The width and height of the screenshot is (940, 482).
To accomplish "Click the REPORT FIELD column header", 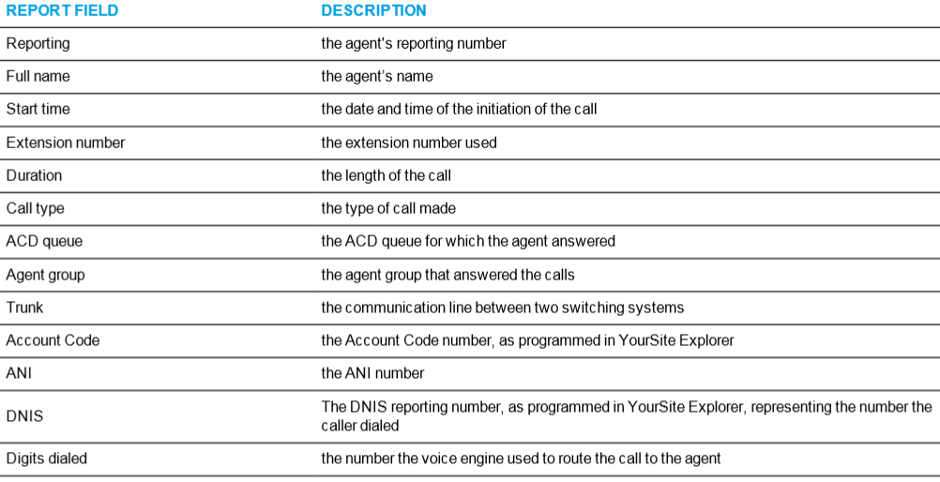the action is click(x=62, y=10).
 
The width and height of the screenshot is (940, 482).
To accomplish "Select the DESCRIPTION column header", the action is click(x=373, y=10).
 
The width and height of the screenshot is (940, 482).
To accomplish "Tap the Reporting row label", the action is click(x=38, y=44).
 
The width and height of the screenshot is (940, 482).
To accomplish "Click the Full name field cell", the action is click(x=38, y=76).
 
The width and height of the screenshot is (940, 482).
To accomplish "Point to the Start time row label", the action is click(x=38, y=109).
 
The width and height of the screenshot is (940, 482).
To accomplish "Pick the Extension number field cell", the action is click(x=66, y=143).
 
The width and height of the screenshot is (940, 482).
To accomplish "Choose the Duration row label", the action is click(x=34, y=175).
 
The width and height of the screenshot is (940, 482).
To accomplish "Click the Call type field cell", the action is click(x=35, y=208).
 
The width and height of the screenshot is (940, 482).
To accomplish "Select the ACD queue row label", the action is click(x=44, y=242).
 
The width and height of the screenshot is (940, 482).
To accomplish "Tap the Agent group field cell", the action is click(x=46, y=275).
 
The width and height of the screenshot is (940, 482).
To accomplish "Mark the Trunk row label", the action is click(x=24, y=308).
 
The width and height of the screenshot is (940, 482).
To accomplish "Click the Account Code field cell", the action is click(x=53, y=340).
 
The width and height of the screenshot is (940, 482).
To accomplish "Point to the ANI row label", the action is click(x=19, y=373).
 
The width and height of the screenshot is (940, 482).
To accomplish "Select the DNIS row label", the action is click(x=24, y=416).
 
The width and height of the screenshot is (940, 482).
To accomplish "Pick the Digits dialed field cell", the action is click(x=46, y=459).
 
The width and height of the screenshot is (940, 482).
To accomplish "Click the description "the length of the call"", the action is click(x=387, y=175).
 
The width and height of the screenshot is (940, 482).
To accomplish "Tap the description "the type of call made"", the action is click(x=388, y=208).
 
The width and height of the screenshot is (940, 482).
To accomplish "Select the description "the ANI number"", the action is click(x=372, y=373).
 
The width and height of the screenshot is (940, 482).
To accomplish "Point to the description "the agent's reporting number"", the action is click(x=414, y=44).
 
